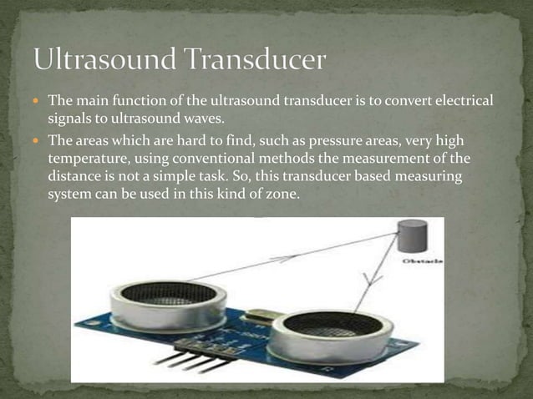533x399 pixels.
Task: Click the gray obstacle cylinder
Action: coord(411,235)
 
